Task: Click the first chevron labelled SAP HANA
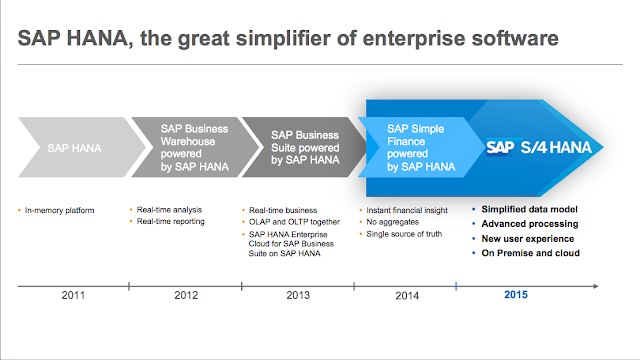[x=72, y=147]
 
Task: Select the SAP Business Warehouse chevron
[x=195, y=147]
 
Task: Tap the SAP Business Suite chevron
[x=302, y=147]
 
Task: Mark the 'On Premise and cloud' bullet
[x=530, y=253]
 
